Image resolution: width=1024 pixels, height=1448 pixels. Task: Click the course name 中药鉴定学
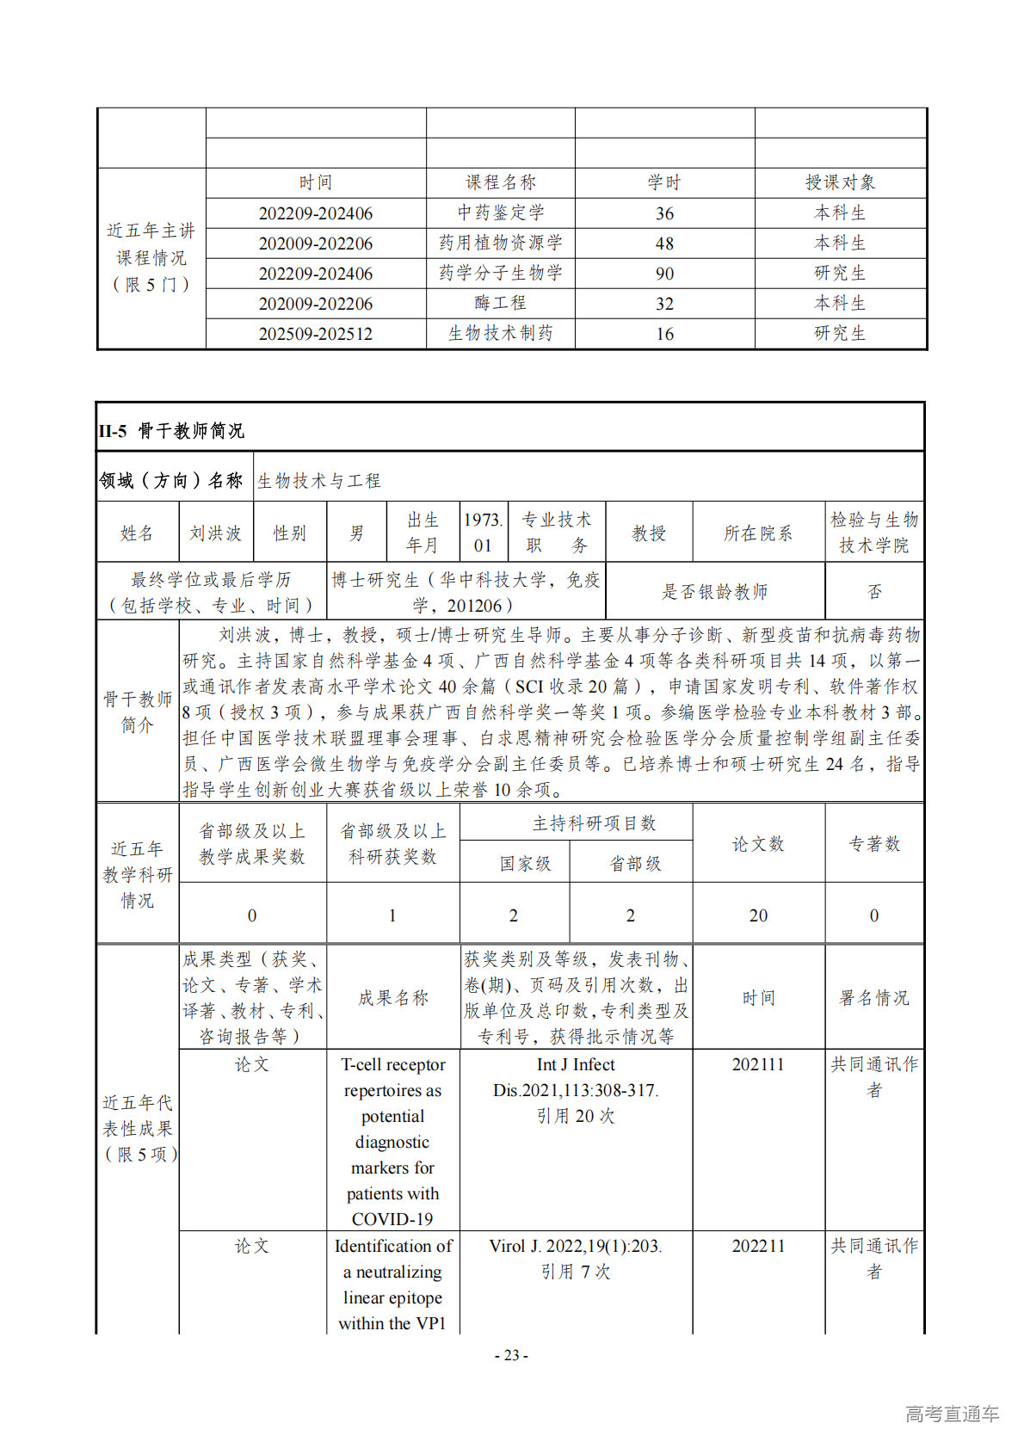coord(500,213)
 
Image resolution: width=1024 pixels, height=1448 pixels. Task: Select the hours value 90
coord(664,274)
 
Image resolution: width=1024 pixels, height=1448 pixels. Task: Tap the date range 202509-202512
coord(316,334)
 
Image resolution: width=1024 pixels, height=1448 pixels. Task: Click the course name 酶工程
coord(500,303)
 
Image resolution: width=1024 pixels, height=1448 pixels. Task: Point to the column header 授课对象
coord(840,182)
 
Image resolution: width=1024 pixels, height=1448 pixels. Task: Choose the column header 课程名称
coord(500,182)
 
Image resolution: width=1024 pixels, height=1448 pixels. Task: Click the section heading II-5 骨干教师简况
coord(171,430)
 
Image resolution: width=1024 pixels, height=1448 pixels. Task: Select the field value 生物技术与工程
coord(319,480)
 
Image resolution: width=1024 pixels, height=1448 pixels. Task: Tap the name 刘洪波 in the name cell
coord(215,533)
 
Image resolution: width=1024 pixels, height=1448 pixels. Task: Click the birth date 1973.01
coord(483,533)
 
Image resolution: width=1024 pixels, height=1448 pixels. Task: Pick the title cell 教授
coord(649,533)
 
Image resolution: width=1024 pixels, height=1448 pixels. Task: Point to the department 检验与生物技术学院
coord(873,533)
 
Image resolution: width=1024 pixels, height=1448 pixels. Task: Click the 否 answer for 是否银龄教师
coord(873,591)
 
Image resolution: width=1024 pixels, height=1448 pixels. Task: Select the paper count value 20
coord(758,915)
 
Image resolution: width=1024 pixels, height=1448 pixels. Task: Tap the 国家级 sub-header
coord(525,863)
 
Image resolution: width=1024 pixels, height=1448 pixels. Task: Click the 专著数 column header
coord(873,844)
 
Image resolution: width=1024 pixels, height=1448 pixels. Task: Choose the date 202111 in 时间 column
coord(758,1064)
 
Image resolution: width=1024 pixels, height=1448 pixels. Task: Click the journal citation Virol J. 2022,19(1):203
coord(576,1246)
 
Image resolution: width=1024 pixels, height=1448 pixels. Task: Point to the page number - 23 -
coord(511,1355)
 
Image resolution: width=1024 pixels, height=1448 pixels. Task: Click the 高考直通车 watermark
coord(952,1413)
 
